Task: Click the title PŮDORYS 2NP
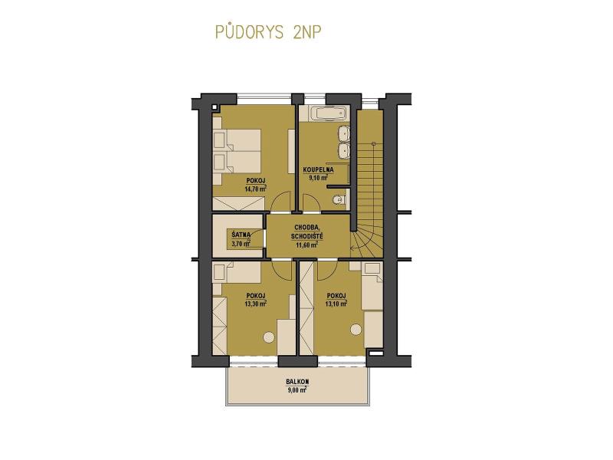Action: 268,32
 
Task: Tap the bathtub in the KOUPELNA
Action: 329,113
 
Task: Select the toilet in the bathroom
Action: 339,199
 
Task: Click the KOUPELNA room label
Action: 319,169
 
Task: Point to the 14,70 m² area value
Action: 256,189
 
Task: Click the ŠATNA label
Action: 241,235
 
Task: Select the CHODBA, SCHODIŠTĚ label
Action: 307,232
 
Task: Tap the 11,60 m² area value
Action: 306,245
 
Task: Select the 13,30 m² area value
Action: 256,304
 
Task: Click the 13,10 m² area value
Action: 336,304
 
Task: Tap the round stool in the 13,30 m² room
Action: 269,337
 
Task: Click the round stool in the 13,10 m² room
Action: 356,330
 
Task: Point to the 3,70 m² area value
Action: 241,244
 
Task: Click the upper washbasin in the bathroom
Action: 343,133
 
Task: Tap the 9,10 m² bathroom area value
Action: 318,178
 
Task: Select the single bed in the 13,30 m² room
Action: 237,272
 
